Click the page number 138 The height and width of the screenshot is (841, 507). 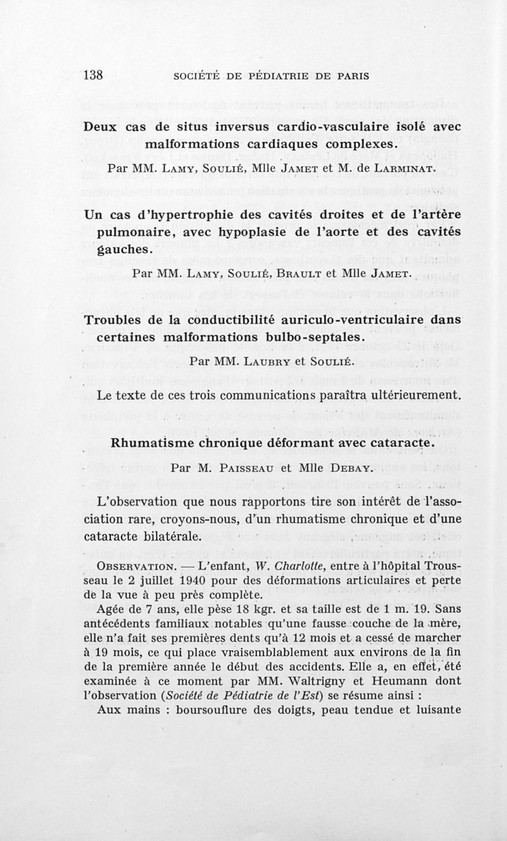93,75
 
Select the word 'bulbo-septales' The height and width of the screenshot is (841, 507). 318,337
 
